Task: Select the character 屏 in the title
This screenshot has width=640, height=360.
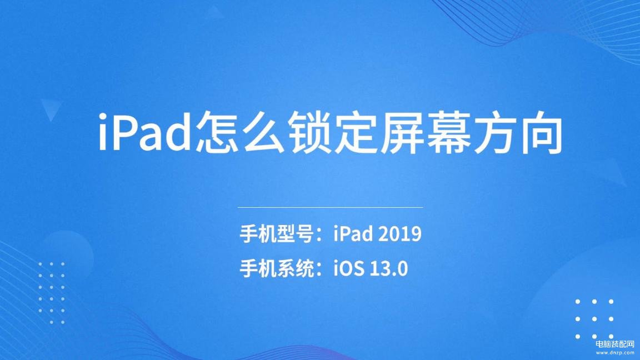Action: (403, 132)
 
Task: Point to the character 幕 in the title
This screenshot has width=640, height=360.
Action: (449, 132)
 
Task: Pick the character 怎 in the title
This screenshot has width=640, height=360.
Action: (218, 132)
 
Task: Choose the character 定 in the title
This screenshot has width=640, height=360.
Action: (357, 132)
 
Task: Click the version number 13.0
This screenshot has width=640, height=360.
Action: (389, 269)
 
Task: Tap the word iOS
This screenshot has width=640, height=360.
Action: (348, 269)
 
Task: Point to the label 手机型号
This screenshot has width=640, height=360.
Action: (276, 234)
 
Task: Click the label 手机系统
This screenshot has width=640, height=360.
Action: (276, 269)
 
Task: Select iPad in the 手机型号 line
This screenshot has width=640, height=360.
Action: (353, 234)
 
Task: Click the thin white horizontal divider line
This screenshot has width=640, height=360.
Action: (330, 207)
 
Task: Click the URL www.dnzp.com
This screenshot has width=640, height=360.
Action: (614, 353)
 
